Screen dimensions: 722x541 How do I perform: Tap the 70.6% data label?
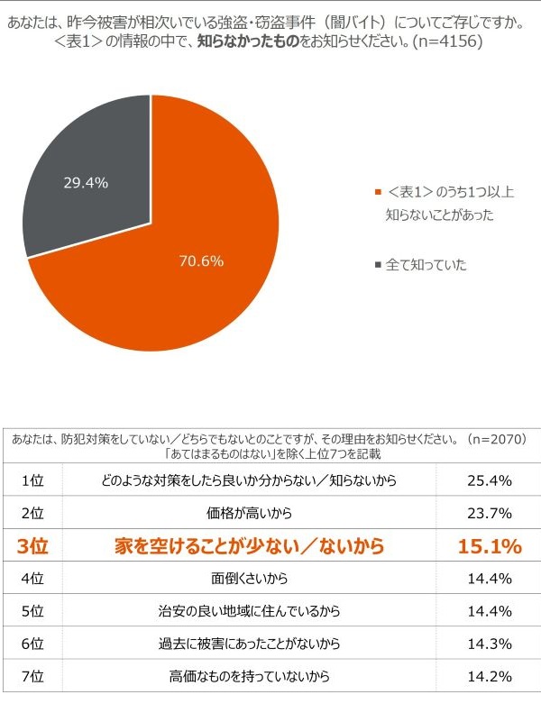point(201,261)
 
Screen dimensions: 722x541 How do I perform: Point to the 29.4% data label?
point(86,183)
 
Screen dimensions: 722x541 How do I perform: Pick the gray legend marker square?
point(377,265)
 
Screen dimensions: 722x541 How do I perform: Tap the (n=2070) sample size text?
point(492,439)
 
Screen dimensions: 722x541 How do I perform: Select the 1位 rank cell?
point(33,480)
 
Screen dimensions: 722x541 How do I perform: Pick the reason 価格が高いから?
point(248,513)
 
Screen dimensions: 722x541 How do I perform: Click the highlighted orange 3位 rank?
point(33,545)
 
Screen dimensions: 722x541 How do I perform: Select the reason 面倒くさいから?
point(248,578)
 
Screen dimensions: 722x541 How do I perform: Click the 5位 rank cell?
point(33,610)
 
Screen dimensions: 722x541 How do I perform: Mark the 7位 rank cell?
point(33,675)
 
